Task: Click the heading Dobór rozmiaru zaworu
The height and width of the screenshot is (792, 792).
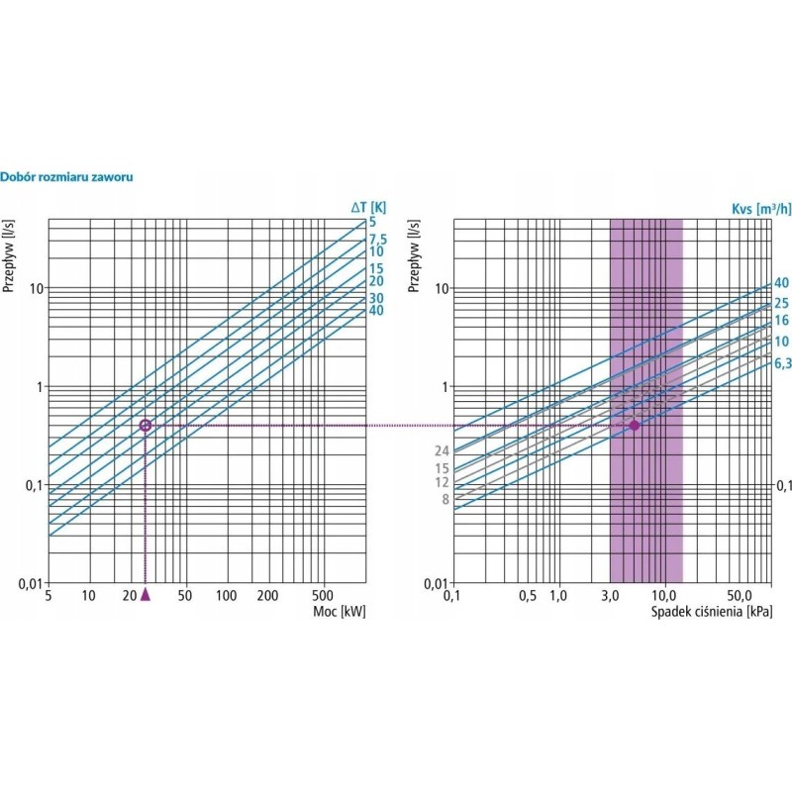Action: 67,177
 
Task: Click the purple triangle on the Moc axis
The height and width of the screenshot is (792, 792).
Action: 146,594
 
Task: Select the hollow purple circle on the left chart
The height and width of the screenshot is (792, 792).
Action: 146,426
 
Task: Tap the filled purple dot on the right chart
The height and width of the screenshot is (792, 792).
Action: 635,426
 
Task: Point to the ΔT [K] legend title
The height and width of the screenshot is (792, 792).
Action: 368,207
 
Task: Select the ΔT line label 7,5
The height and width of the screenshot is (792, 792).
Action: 377,239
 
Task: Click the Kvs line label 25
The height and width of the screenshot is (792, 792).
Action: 781,303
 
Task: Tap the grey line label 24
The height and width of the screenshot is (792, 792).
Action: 442,451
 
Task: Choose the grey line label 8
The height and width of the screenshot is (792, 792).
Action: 445,500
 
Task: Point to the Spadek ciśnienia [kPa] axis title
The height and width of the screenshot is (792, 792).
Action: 712,612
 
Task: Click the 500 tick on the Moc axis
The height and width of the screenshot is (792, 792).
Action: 323,596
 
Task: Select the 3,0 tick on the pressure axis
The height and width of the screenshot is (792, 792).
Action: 610,596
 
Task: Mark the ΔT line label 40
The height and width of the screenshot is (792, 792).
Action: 376,311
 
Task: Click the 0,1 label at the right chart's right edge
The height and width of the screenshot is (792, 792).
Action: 783,485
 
